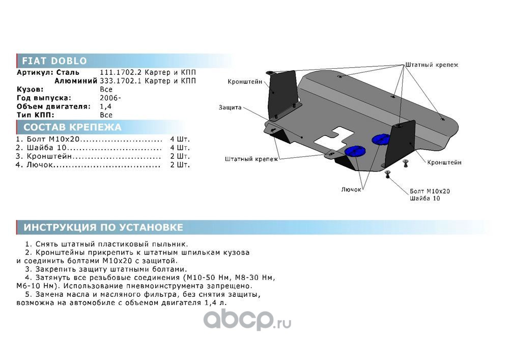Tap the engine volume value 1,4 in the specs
105,106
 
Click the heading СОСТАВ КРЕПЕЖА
72,127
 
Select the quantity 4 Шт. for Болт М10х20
180,139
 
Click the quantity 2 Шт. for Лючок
180,165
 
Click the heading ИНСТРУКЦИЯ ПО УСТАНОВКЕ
103,227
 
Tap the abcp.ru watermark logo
247,320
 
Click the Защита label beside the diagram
230,107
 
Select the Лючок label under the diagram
351,189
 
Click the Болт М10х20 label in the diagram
430,191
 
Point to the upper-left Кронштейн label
244,81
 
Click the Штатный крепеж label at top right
432,65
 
